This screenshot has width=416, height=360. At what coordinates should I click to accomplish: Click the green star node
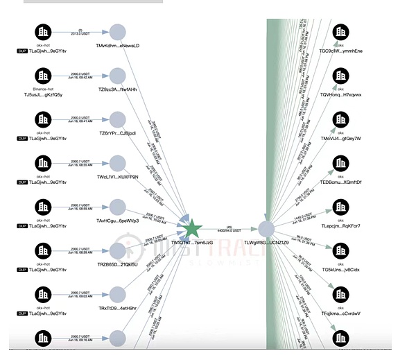pyautogui.click(x=192, y=228)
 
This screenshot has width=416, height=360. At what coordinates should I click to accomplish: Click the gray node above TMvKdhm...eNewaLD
pyautogui.click(x=118, y=32)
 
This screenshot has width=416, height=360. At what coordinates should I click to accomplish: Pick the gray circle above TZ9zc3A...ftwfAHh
pyautogui.click(x=118, y=76)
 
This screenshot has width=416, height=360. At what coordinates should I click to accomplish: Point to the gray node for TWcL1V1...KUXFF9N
pyautogui.click(x=118, y=163)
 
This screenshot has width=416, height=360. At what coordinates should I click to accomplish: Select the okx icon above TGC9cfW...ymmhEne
pyautogui.click(x=340, y=31)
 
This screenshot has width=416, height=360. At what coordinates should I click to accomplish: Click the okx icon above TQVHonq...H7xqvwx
pyautogui.click(x=340, y=75)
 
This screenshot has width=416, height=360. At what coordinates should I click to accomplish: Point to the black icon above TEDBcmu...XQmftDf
pyautogui.click(x=340, y=163)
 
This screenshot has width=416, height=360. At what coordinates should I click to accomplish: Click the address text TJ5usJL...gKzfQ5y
pyautogui.click(x=44, y=94)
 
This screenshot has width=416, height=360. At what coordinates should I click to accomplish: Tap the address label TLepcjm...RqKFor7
pyautogui.click(x=340, y=225)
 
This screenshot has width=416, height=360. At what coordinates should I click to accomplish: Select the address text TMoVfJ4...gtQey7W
pyautogui.click(x=340, y=138)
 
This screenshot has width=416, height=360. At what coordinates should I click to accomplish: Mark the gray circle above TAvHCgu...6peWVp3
pyautogui.click(x=118, y=207)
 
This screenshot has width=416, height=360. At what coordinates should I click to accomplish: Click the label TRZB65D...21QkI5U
pyautogui.click(x=118, y=264)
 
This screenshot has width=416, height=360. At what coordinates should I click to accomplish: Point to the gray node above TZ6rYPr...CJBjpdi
pyautogui.click(x=118, y=119)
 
